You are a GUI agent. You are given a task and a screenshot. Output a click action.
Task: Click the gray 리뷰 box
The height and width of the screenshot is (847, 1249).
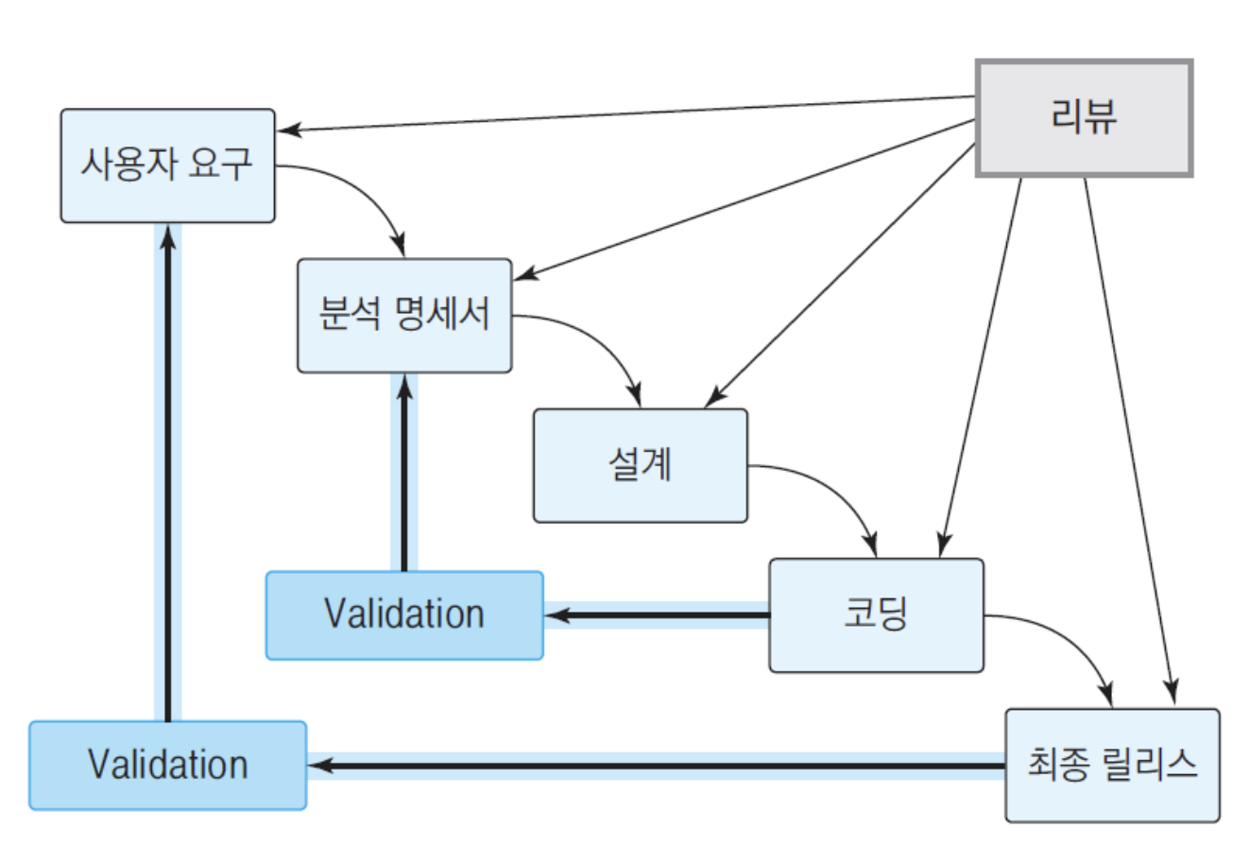[x=1084, y=118]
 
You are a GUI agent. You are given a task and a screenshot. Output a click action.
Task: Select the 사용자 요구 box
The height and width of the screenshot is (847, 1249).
[x=168, y=165]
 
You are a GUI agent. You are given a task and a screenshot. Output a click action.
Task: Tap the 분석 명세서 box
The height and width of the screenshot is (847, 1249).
[x=404, y=315]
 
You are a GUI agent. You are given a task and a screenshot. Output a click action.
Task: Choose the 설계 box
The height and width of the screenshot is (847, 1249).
[x=641, y=465]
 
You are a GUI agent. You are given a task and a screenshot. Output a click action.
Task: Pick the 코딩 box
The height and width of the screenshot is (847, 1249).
[x=876, y=614]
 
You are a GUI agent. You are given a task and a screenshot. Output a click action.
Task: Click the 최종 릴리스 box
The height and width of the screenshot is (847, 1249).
[x=1112, y=765]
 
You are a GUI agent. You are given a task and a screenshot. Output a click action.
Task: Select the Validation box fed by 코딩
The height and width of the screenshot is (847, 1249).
[x=404, y=614]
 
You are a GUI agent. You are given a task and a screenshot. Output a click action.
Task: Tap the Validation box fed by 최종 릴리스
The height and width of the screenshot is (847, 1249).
[x=168, y=765]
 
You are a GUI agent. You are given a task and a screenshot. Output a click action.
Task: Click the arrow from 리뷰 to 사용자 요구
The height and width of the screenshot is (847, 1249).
[x=626, y=113]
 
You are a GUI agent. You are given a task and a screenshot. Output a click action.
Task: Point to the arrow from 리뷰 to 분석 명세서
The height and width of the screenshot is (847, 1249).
[x=744, y=199]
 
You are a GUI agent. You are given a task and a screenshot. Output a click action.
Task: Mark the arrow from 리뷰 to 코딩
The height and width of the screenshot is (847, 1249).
[x=981, y=368]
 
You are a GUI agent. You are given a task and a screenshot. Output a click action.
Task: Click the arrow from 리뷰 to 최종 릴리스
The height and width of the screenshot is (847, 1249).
[x=1130, y=441]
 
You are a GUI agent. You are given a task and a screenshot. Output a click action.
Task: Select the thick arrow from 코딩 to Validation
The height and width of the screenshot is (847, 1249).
[x=657, y=614]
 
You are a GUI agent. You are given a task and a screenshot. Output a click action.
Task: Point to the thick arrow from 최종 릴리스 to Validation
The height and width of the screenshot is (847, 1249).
[x=657, y=766]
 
